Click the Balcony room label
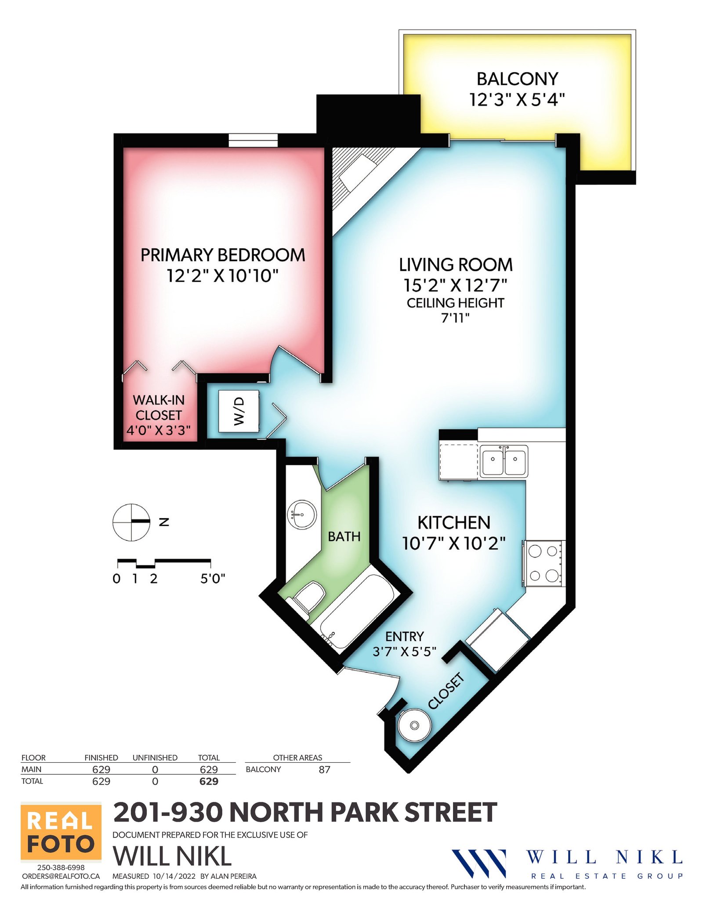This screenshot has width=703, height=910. (x=517, y=79)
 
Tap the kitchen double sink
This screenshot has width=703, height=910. (x=504, y=461)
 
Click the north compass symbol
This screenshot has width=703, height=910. (x=131, y=522)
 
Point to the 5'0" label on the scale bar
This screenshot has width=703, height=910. (x=213, y=579)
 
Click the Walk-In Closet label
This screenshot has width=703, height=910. (x=159, y=407)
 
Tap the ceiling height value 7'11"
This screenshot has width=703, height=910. (x=455, y=318)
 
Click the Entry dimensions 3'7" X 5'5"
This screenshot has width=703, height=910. (x=404, y=651)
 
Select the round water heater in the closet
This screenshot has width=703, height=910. (x=414, y=725)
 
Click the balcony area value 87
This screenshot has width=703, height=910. (x=324, y=769)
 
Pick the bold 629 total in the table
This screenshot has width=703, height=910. (x=209, y=781)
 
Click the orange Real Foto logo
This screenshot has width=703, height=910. (x=61, y=832)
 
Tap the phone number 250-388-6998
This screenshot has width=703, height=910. (x=61, y=867)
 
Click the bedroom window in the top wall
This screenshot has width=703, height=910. (x=253, y=140)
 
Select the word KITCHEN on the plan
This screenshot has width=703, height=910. (x=454, y=523)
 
